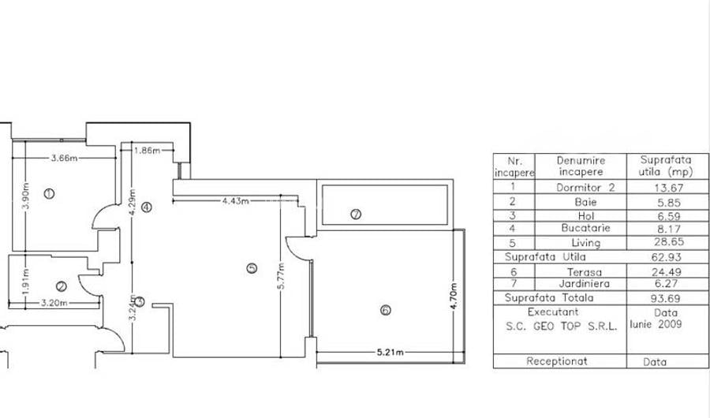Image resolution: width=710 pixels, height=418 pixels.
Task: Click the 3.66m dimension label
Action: [64, 158]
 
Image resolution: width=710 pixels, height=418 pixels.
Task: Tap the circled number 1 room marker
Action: [49, 193]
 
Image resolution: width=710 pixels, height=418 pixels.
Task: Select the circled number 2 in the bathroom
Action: [61, 286]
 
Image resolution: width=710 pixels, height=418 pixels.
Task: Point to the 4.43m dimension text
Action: [236, 201]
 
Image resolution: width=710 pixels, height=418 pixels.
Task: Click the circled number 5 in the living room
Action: [252, 268]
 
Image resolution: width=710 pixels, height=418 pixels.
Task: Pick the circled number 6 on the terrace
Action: [385, 310]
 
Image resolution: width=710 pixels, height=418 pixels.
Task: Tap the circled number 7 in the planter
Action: [356, 214]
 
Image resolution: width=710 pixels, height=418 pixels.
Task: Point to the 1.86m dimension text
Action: [148, 150]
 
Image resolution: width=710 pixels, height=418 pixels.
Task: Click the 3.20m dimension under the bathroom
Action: [54, 302]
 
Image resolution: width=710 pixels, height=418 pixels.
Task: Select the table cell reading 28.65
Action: [666, 243]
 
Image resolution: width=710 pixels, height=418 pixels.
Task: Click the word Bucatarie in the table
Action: [580, 229]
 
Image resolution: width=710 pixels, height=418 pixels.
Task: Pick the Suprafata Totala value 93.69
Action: [666, 299]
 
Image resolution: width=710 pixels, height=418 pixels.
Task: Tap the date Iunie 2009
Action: [657, 324]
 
